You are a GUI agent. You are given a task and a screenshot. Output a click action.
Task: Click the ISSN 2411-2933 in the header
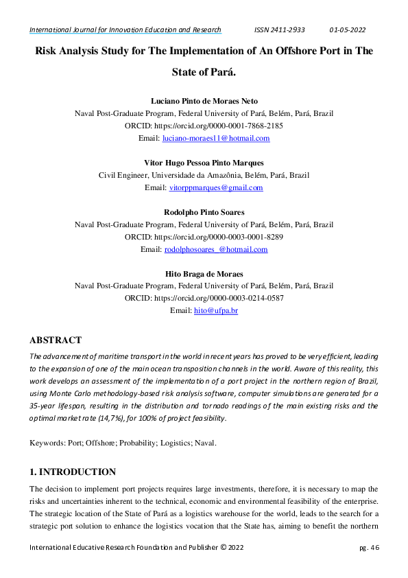click(x=279, y=30)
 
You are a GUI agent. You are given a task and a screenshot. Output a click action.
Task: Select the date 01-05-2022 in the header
click(x=348, y=30)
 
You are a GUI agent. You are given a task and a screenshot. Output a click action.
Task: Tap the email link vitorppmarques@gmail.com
click(x=216, y=187)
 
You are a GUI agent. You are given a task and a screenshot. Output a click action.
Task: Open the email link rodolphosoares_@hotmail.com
click(x=216, y=249)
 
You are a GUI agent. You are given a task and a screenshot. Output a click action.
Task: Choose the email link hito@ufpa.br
click(x=216, y=311)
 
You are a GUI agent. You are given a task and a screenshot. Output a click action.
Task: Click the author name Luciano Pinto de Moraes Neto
click(x=204, y=101)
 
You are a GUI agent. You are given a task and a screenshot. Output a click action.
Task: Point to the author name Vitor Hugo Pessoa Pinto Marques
click(x=204, y=163)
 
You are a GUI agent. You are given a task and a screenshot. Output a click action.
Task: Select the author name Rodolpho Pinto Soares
click(x=204, y=212)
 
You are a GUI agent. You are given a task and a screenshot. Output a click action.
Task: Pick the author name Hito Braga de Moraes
click(x=204, y=274)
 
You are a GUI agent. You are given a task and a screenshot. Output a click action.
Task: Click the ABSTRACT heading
click(x=56, y=340)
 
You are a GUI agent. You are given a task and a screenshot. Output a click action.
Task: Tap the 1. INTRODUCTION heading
click(x=73, y=472)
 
